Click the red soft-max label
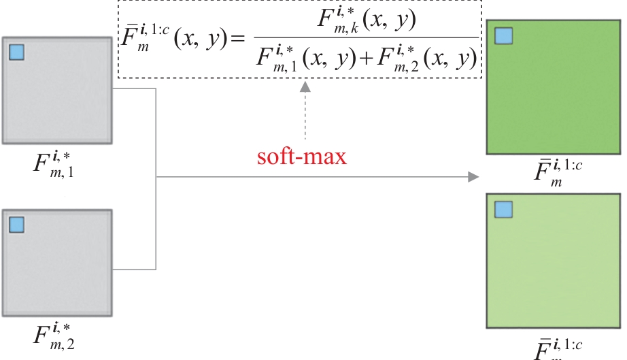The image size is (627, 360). click(x=302, y=157)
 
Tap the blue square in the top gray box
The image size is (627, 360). click(x=17, y=52)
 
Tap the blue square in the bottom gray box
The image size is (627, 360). click(x=17, y=225)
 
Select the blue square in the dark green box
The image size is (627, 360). click(x=504, y=36)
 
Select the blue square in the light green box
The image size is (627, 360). click(x=504, y=209)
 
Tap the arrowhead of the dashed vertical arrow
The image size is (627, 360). click(x=305, y=86)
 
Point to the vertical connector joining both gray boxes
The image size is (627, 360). click(x=157, y=178)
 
